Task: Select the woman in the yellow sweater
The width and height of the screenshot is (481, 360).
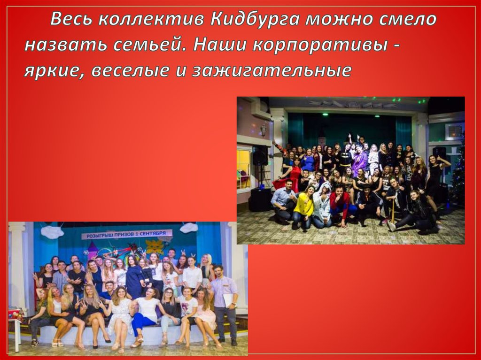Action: (x=304, y=207)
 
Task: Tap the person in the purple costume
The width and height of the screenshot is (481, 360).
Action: (x=360, y=160)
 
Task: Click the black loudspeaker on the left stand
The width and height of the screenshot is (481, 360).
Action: (x=260, y=155)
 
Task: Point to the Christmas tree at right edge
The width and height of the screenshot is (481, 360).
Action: (x=458, y=174)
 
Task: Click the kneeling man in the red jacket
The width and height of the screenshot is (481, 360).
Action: (x=339, y=204)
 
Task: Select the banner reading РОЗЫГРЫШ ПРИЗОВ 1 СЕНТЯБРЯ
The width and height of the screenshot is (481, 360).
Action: (x=126, y=234)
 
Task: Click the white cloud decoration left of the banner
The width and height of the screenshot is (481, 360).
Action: (x=52, y=231)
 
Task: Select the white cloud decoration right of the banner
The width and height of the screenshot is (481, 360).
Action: (x=188, y=228)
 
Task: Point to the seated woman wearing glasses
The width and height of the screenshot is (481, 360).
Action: (x=169, y=307)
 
